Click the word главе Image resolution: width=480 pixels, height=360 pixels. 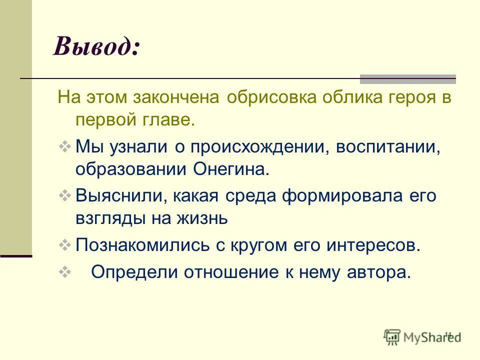[x=172, y=120]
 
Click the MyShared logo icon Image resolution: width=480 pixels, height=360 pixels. [x=393, y=337]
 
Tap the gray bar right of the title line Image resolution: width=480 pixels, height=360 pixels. [x=408, y=78]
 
